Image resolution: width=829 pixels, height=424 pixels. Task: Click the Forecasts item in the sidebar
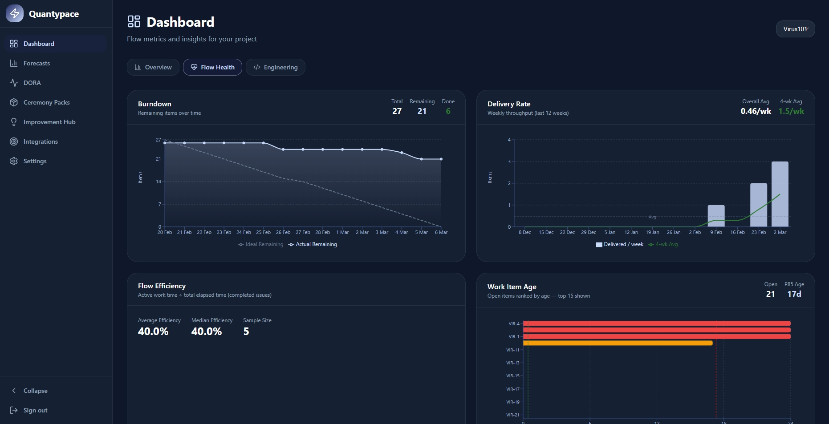(x=37, y=63)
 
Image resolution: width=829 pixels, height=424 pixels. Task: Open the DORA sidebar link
(x=32, y=83)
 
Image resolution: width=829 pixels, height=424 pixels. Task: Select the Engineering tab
(x=276, y=67)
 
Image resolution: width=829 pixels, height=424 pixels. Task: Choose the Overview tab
(x=153, y=67)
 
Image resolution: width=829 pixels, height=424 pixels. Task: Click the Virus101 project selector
(x=795, y=29)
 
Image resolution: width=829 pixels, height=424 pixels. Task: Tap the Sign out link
(x=35, y=410)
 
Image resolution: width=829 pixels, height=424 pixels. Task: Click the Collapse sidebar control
(x=35, y=391)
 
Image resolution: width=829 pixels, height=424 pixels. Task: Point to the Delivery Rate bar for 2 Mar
(x=780, y=194)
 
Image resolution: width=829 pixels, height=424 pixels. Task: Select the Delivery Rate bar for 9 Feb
(x=716, y=216)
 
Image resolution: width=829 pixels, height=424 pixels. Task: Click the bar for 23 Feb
(x=758, y=205)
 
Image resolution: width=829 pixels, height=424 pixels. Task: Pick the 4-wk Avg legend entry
(x=663, y=244)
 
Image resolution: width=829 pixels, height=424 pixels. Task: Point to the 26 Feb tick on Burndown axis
(x=283, y=232)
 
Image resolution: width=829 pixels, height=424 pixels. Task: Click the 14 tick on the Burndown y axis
(x=158, y=182)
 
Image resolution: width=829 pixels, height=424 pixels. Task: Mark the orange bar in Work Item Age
(x=618, y=343)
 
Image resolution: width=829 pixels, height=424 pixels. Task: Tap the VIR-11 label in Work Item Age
(x=512, y=350)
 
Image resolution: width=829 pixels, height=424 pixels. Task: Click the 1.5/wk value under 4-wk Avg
(x=791, y=111)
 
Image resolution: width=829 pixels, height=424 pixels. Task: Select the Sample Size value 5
(x=246, y=331)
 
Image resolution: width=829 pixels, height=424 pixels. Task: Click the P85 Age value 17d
(x=794, y=294)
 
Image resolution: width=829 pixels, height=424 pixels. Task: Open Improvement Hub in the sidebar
(x=49, y=122)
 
